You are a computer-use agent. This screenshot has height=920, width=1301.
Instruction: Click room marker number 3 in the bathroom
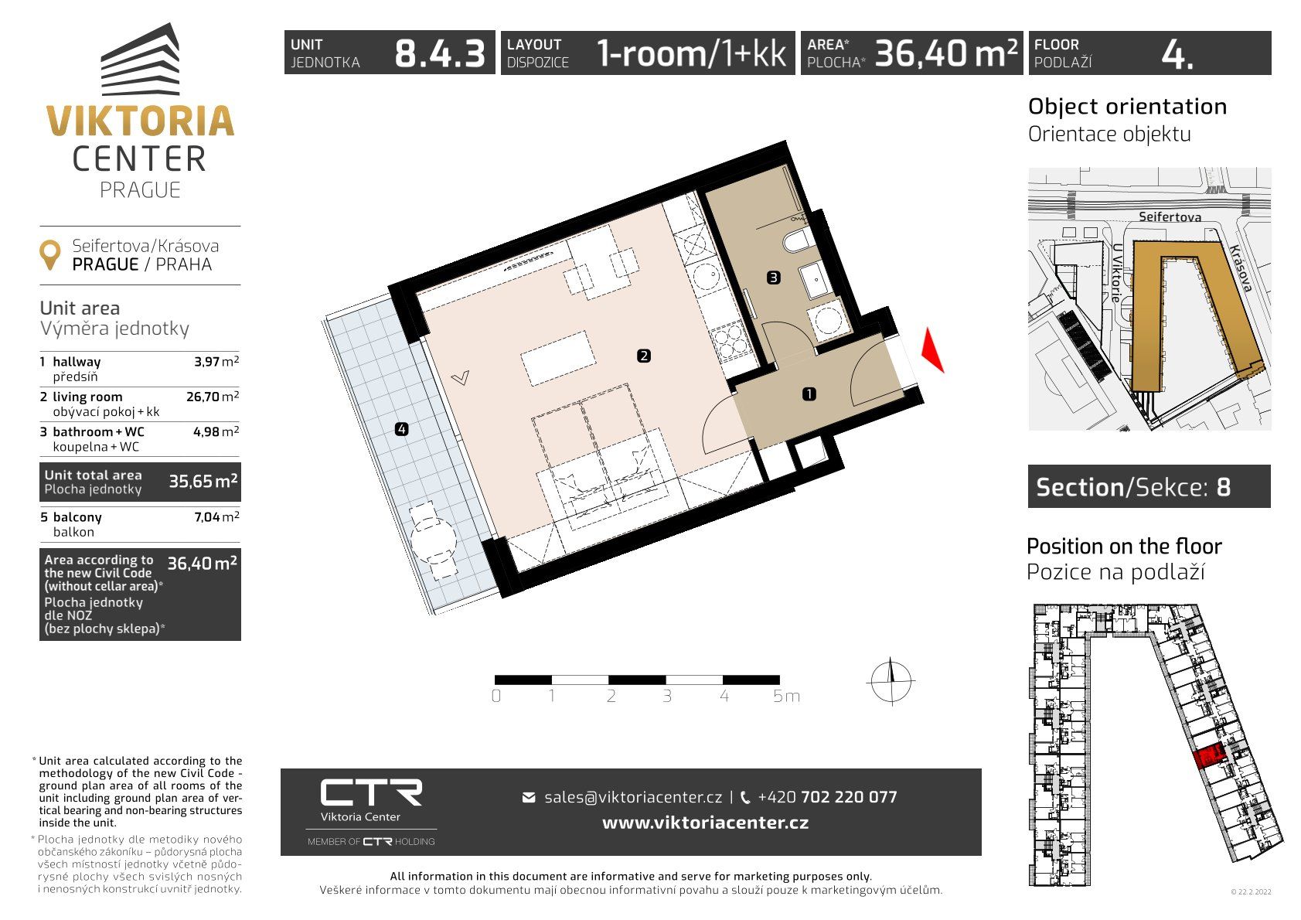click(x=773, y=278)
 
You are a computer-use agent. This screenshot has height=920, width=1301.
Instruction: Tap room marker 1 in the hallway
click(x=809, y=394)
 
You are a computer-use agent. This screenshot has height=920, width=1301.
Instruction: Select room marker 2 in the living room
click(x=643, y=356)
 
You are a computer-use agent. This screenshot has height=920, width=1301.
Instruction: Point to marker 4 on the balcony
click(x=401, y=429)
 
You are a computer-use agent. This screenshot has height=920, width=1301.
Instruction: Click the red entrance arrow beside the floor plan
click(x=932, y=350)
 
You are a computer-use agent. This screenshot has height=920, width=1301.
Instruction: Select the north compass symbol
click(x=891, y=681)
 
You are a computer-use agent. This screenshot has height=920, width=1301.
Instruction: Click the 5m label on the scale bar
click(x=786, y=696)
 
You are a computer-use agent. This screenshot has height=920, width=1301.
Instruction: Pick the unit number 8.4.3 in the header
click(x=440, y=53)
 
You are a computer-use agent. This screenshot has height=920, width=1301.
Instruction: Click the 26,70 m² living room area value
click(x=213, y=397)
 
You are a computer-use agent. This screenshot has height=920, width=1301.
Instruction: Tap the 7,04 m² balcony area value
click(x=216, y=517)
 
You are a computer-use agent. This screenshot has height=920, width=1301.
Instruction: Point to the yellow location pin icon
click(x=50, y=255)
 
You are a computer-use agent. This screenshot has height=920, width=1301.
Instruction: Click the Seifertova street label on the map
click(x=1170, y=216)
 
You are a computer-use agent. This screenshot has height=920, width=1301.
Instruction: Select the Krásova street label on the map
click(x=1241, y=267)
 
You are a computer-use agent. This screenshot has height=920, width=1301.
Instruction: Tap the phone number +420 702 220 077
click(x=827, y=797)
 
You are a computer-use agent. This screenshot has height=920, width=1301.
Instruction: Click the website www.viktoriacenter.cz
click(x=705, y=823)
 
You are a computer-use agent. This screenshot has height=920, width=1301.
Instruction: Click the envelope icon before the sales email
click(x=529, y=797)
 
